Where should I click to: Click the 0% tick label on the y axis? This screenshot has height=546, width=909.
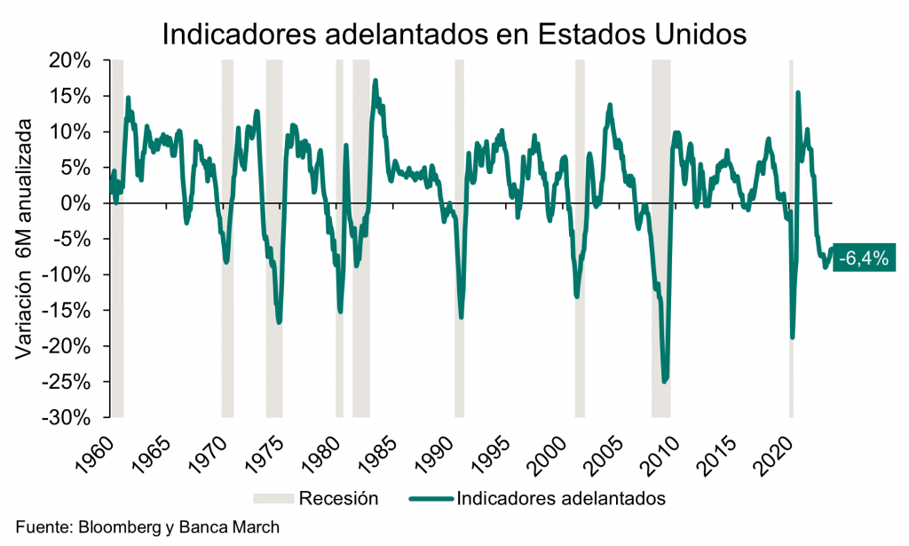[x=78, y=203]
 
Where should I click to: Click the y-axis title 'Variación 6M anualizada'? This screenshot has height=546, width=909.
[x=26, y=239]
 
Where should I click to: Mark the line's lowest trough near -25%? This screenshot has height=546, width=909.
[x=664, y=381]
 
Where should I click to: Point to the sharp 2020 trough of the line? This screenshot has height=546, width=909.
[x=792, y=336]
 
